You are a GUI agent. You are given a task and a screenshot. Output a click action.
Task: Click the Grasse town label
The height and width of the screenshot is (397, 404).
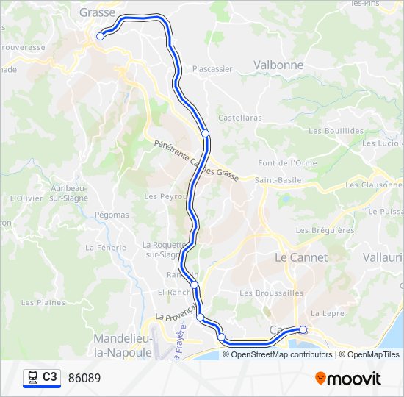98,12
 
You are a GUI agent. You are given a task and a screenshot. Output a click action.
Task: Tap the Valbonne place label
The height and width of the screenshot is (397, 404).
278,65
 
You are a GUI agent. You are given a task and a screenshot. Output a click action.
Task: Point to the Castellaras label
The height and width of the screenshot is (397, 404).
240,118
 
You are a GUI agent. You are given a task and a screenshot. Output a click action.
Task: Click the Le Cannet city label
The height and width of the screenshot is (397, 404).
301,258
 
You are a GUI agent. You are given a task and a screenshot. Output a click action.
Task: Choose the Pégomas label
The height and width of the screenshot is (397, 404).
112,215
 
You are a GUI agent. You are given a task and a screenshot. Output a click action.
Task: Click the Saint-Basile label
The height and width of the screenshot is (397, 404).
275,179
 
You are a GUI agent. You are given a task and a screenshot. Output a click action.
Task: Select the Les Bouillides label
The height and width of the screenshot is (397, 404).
336,131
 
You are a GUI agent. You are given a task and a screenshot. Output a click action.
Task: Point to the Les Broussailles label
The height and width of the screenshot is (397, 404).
271,293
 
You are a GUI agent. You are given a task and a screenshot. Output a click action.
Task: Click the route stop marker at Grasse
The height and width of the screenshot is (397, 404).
101,35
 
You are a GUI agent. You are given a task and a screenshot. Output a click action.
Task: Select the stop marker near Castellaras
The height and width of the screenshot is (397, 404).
206,134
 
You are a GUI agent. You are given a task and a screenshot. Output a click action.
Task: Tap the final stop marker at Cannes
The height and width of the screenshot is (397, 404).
303,329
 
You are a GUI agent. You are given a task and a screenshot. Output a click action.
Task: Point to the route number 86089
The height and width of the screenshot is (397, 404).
84,378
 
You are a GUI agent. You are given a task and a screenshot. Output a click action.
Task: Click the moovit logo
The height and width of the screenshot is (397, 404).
348,379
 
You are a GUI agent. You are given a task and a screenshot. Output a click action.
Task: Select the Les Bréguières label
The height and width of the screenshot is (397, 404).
325,230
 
